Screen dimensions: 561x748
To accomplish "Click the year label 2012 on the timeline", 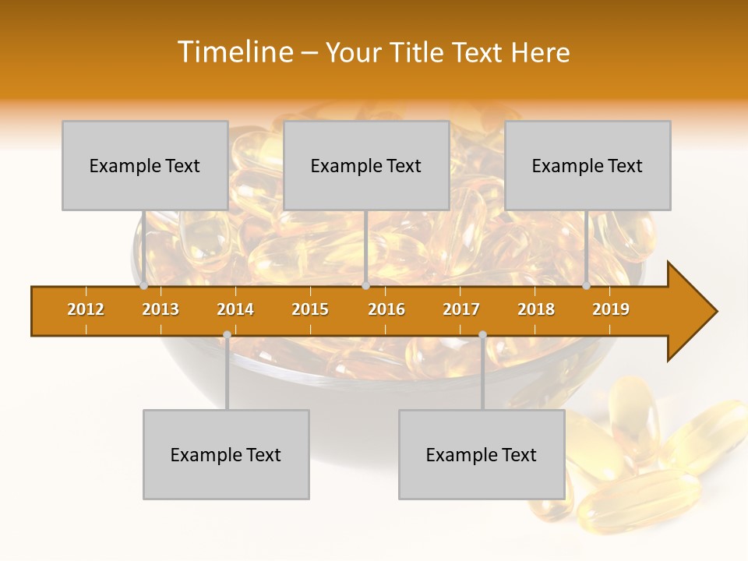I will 86,309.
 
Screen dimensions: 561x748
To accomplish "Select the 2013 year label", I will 161,309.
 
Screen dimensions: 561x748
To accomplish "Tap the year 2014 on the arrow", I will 235,309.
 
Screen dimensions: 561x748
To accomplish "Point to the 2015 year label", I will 310,309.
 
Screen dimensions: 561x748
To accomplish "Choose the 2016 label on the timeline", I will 386,309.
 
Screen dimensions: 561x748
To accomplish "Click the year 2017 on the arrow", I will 461,309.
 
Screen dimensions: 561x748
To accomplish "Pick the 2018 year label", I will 536,309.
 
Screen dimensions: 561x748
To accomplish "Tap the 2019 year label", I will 611,309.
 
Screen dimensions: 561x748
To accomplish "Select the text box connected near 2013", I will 145,165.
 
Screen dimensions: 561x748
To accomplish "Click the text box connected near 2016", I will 366,165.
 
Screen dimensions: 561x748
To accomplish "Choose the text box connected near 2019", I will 587,165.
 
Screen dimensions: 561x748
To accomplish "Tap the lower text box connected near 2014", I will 226,454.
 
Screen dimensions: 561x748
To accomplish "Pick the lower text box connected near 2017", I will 482,454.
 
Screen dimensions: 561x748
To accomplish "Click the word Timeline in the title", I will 235,52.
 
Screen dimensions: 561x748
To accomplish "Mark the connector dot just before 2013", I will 144,286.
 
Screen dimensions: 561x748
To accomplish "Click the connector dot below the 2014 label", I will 227,334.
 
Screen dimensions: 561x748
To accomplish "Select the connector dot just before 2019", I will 587,286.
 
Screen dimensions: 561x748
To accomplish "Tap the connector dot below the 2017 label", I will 482,334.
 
